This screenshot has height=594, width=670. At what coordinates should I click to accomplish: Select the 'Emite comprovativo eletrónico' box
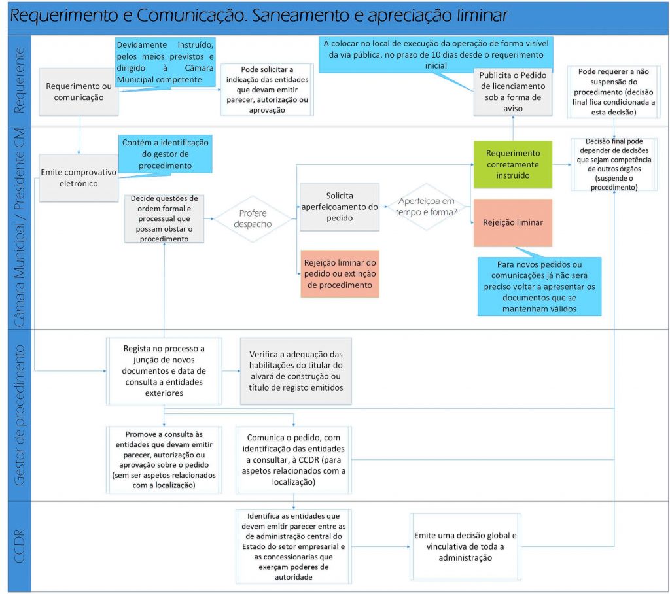(79, 177)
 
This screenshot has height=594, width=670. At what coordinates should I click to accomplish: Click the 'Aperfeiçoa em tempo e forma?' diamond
(426, 206)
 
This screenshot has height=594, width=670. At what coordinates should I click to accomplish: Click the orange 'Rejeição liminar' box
(512, 222)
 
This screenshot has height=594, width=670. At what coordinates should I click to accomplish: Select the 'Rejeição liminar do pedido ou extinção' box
(340, 273)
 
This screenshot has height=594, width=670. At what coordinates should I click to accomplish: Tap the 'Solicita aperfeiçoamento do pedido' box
(340, 207)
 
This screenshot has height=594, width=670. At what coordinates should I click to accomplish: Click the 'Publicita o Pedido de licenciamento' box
(512, 92)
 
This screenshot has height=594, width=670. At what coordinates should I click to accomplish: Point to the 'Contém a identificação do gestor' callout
(165, 154)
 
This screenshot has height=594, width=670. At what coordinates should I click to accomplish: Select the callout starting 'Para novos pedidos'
(538, 287)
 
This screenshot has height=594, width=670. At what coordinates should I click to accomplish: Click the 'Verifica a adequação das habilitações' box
(296, 371)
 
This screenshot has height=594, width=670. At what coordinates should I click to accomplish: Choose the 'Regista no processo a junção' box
(164, 371)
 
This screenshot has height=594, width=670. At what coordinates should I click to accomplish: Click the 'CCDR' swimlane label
(20, 546)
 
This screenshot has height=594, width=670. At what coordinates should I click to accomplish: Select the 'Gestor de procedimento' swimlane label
(20, 415)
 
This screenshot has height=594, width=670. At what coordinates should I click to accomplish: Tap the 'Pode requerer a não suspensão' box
(612, 91)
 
